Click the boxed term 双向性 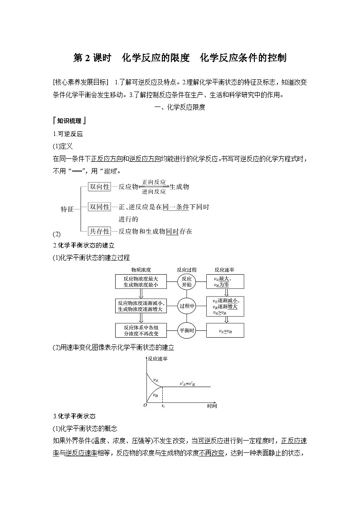[99, 187]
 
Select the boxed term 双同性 [99, 207]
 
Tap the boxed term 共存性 [99, 231]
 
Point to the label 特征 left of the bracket [67, 209]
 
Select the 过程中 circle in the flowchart [187, 306]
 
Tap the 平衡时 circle [187, 330]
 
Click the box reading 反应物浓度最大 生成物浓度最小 [140, 281]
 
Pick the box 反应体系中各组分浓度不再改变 [140, 330]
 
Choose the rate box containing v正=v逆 [225, 330]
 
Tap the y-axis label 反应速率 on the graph [157, 359]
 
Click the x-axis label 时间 [212, 406]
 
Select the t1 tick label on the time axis [163, 406]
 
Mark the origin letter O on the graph [145, 405]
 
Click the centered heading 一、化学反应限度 [180, 107]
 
